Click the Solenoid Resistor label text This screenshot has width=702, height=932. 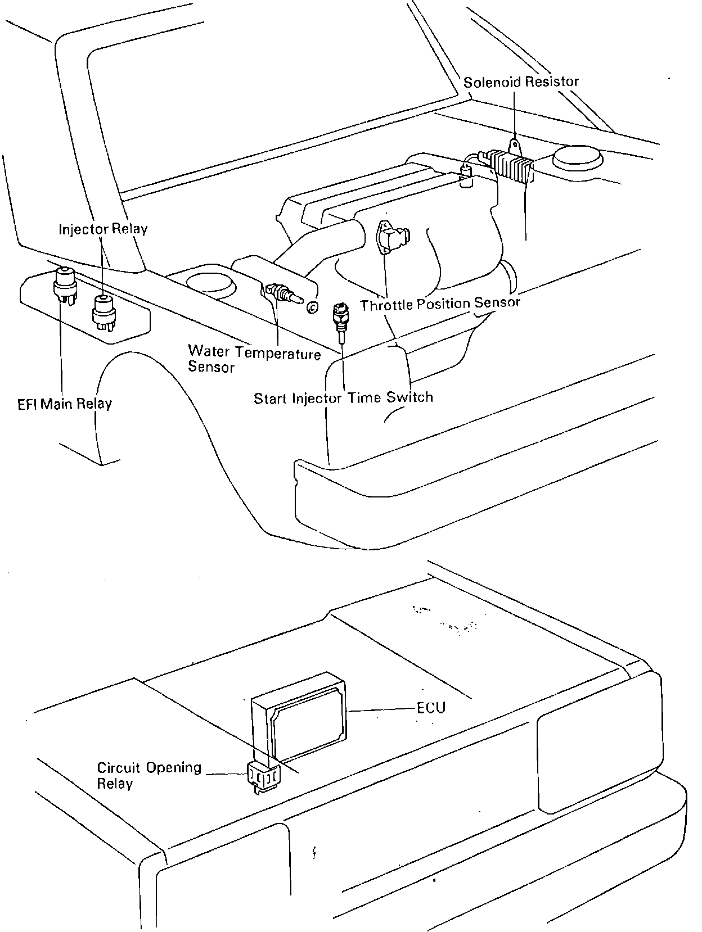point(521,82)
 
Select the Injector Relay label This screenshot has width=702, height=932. point(103,229)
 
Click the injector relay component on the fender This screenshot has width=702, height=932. point(103,310)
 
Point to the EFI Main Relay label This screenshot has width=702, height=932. point(65,404)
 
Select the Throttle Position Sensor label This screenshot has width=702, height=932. point(440,304)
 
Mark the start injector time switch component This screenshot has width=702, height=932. point(340,316)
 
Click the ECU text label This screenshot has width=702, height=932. point(431,707)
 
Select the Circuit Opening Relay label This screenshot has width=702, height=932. point(148,775)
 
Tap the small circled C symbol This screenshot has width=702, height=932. point(312,306)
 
